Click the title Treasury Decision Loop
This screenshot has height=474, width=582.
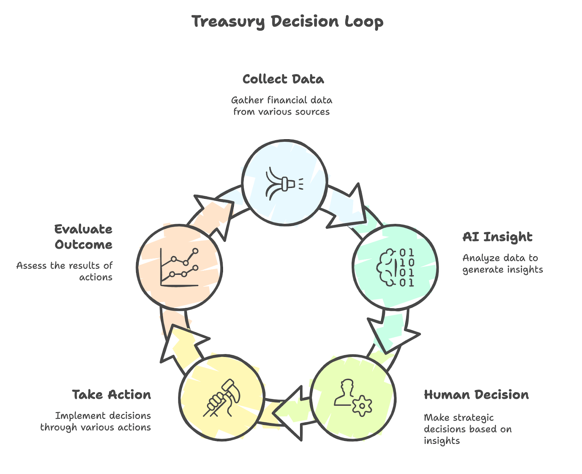287,21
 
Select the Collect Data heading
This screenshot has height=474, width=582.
283,79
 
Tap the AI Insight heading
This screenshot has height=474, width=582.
497,237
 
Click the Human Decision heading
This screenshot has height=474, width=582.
476,395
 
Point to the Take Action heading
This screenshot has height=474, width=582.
111,395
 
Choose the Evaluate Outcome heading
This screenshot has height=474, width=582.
83,237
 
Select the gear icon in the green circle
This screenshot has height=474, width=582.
362,405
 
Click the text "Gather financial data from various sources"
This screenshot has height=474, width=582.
282,106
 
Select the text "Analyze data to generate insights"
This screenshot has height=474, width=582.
502,264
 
